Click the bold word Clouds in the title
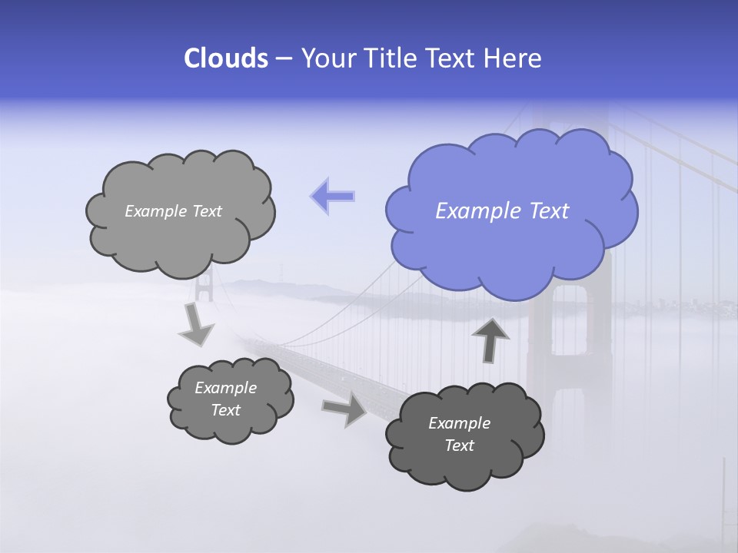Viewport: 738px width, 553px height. click(x=225, y=58)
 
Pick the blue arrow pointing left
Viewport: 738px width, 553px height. click(x=333, y=196)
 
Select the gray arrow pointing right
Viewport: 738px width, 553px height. click(x=345, y=409)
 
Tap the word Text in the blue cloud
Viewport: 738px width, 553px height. click(x=549, y=211)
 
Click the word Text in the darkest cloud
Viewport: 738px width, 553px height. click(x=459, y=445)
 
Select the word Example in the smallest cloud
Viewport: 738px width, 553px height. click(x=225, y=388)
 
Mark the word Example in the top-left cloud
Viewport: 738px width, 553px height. click(x=155, y=211)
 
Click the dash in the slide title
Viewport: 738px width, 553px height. click(x=283, y=59)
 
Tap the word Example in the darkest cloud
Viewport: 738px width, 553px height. click(x=459, y=423)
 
